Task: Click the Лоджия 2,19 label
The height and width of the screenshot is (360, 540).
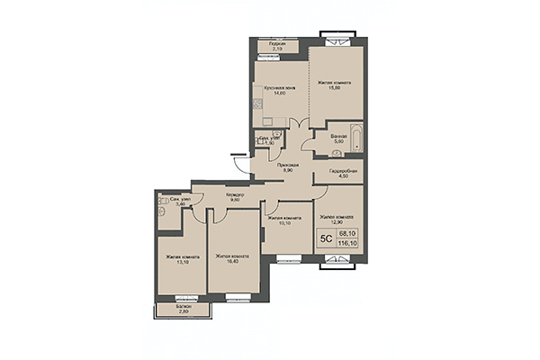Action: click(278, 45)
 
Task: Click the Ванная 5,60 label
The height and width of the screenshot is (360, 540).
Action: click(338, 138)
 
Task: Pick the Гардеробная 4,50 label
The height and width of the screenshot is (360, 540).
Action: click(342, 174)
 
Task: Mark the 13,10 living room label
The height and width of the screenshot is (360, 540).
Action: click(180, 259)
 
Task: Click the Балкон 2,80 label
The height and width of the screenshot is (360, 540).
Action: click(182, 309)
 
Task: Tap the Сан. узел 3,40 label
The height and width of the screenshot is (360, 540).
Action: click(180, 202)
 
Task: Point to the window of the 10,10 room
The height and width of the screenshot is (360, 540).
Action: click(289, 261)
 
